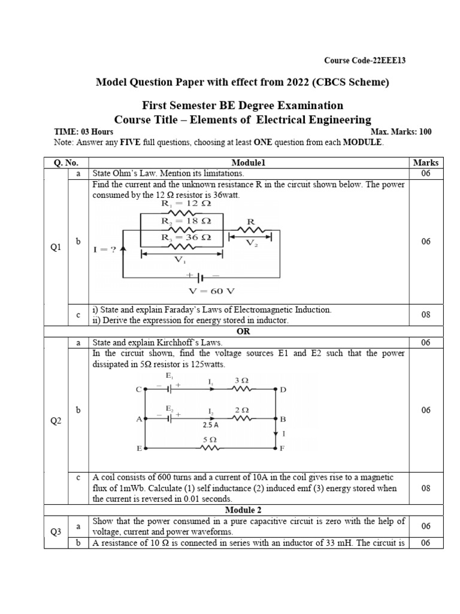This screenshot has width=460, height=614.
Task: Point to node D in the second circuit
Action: pyautogui.click(x=283, y=390)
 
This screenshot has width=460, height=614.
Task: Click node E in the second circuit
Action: pyautogui.click(x=139, y=448)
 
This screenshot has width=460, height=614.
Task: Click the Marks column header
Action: pyautogui.click(x=426, y=162)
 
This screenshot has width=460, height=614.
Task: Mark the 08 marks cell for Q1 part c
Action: pyautogui.click(x=426, y=314)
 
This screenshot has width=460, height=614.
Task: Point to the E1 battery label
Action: pyautogui.click(x=170, y=376)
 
